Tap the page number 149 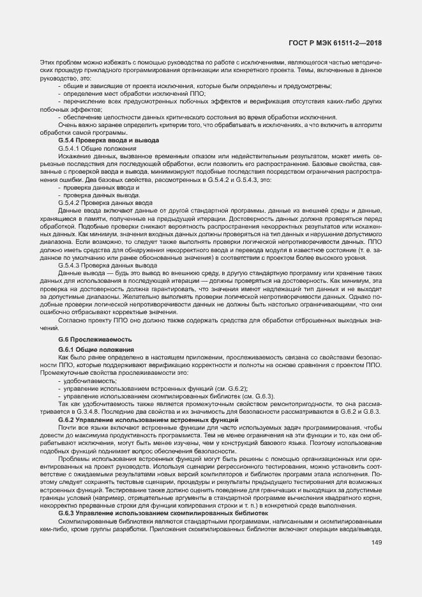(377, 543)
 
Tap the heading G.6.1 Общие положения (96, 350)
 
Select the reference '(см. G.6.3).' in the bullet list (258, 396)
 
